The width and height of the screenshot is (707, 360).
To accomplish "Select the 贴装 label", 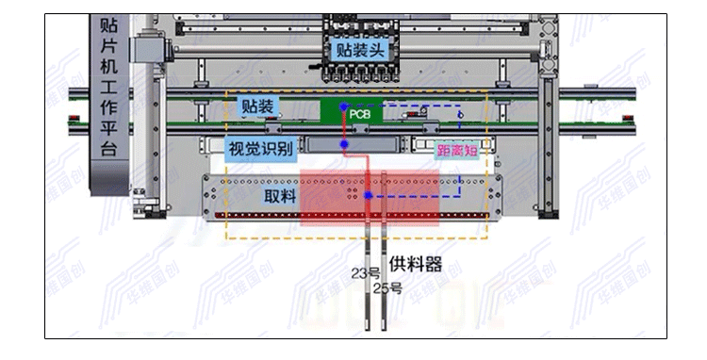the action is pyautogui.click(x=257, y=107).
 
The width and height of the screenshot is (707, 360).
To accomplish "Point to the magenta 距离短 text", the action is pyautogui.click(x=455, y=150).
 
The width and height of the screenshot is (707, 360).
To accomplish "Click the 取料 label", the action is pyautogui.click(x=280, y=198).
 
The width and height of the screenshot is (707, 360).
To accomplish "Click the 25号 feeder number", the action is pyautogui.click(x=387, y=288).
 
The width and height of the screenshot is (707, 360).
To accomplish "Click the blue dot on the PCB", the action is pyautogui.click(x=344, y=108).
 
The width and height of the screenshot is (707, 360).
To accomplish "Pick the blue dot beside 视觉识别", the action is pyautogui.click(x=345, y=144).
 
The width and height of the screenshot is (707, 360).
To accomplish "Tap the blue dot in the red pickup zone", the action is pyautogui.click(x=369, y=196).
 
